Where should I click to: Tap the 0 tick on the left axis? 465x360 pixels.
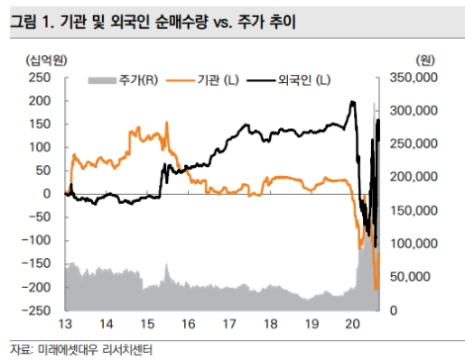coord(47,194)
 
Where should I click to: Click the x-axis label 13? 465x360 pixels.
coord(64,325)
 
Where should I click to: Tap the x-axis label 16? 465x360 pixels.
coord(187,325)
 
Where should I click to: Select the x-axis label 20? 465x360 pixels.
coord(350,325)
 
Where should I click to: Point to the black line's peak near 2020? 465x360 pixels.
coord(353,102)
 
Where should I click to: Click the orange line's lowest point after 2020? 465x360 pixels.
coord(377,289)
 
